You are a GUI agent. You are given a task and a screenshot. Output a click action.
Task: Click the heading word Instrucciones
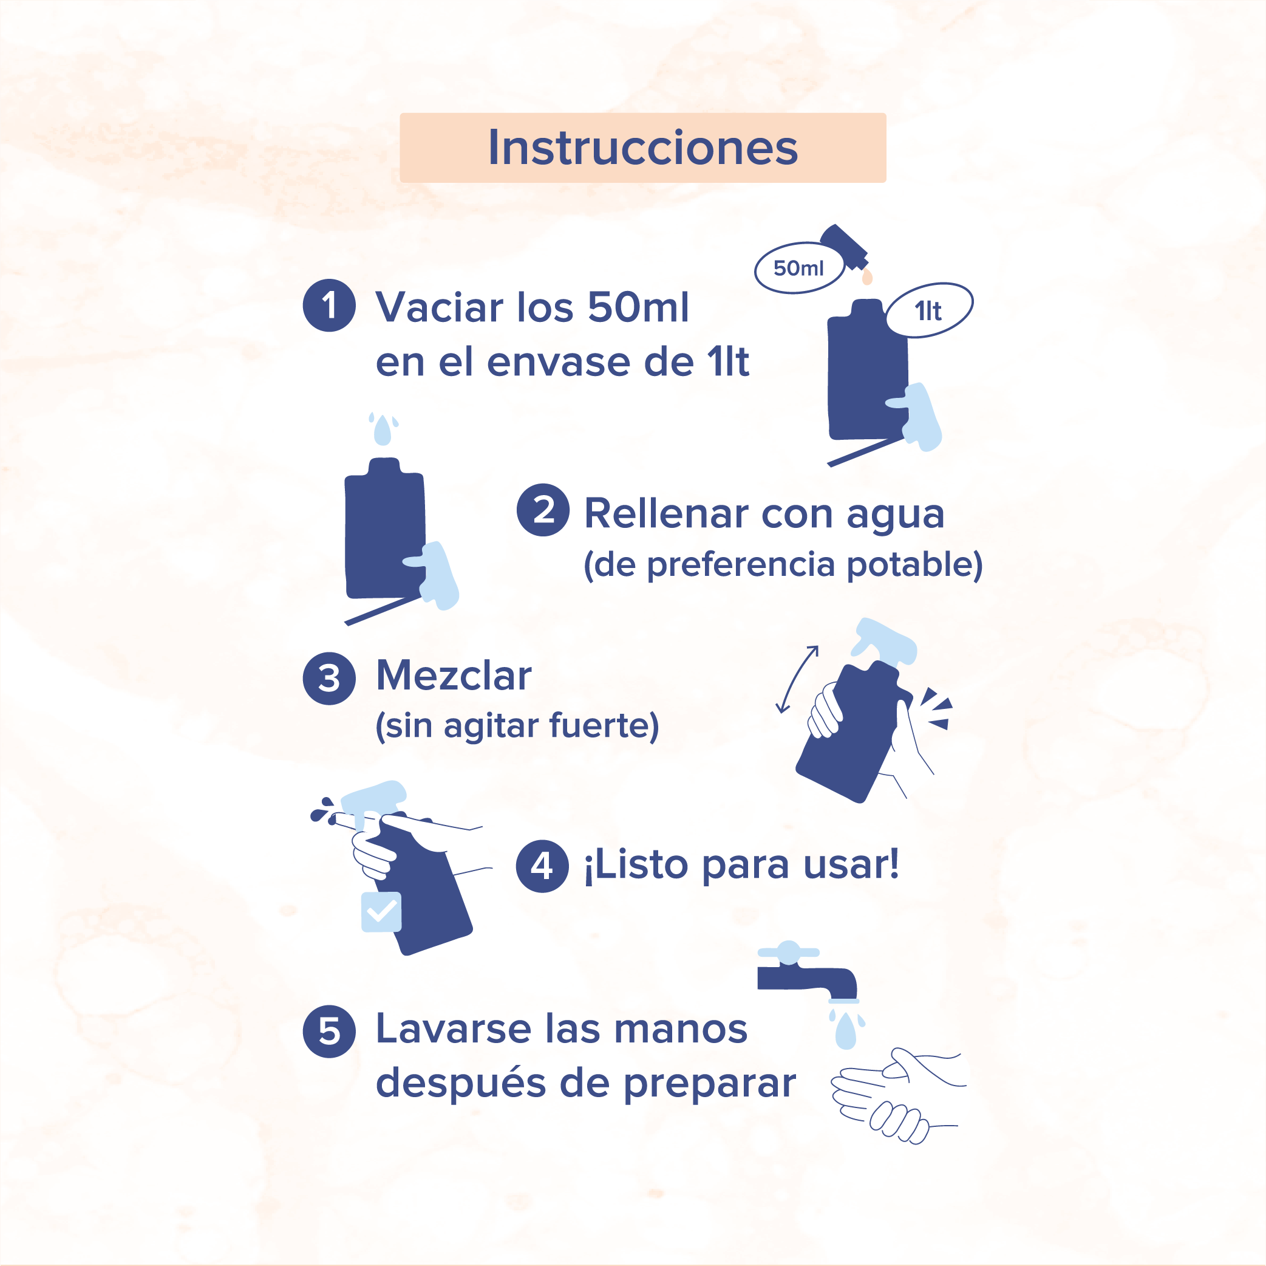tap(643, 148)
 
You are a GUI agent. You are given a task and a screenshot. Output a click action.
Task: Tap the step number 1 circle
tap(329, 306)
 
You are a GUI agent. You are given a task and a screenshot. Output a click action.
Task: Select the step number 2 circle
tap(543, 510)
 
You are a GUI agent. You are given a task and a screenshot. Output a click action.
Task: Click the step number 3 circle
tap(329, 679)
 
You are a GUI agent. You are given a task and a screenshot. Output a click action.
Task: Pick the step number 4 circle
tap(542, 866)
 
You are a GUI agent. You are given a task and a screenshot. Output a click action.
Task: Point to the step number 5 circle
tap(329, 1032)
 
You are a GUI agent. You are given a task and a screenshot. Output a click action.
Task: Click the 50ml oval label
tap(800, 267)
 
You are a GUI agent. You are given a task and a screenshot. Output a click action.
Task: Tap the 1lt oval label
tap(929, 310)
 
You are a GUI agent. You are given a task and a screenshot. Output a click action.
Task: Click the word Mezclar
tap(454, 676)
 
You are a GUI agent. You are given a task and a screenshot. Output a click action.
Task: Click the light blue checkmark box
tap(381, 911)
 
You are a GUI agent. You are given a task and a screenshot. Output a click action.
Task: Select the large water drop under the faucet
tap(846, 1031)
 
